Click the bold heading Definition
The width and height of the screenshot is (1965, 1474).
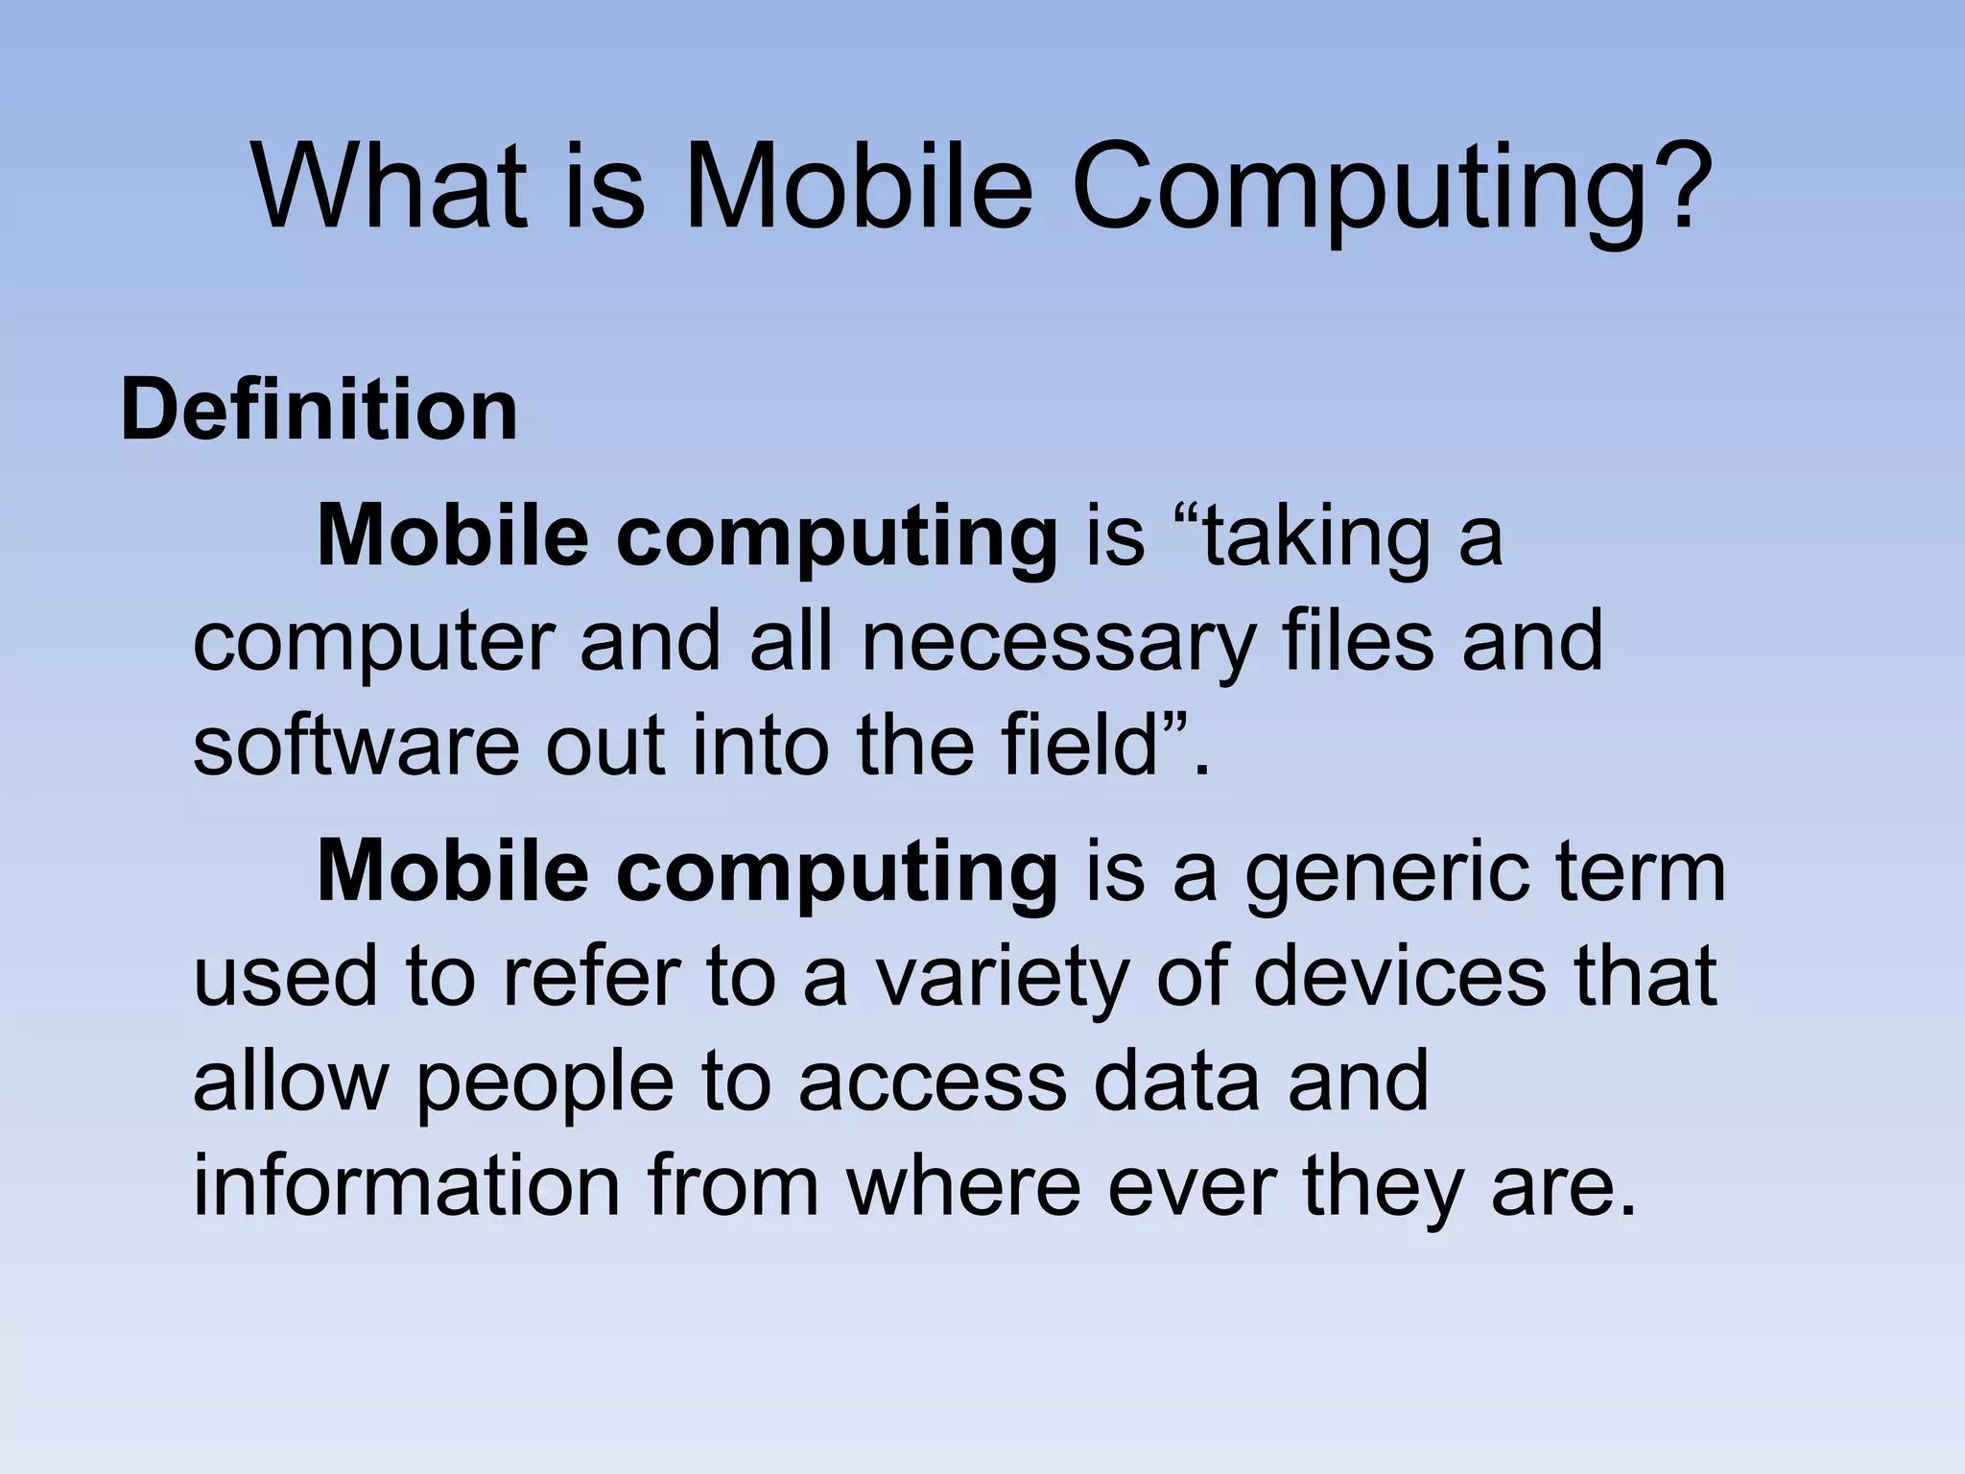tap(319, 411)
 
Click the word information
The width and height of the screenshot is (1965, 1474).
tap(407, 1186)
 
